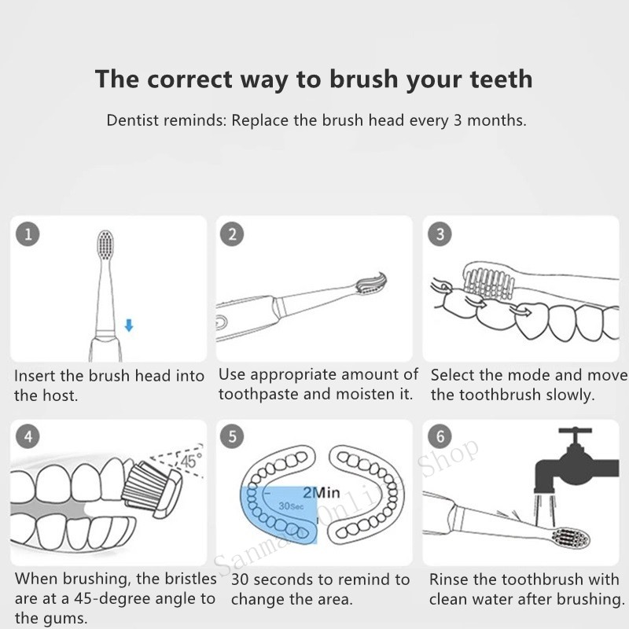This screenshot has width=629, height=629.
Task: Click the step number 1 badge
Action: [28, 234]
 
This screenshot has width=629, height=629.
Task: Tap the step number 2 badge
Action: [232, 234]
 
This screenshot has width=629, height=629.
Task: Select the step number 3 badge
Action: [440, 234]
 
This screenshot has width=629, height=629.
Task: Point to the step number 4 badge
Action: [28, 436]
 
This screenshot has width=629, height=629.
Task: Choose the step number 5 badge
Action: [232, 436]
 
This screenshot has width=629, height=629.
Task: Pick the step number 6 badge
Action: [440, 436]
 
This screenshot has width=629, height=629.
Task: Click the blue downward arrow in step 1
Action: [129, 326]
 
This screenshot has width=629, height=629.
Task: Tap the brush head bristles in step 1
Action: [105, 245]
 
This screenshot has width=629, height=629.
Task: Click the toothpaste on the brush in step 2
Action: [371, 283]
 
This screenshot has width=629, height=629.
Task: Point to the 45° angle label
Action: [191, 461]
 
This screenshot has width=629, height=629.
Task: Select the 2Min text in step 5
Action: [322, 493]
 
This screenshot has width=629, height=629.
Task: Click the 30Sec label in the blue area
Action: [291, 506]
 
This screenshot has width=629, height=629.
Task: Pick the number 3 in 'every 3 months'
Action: [458, 120]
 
